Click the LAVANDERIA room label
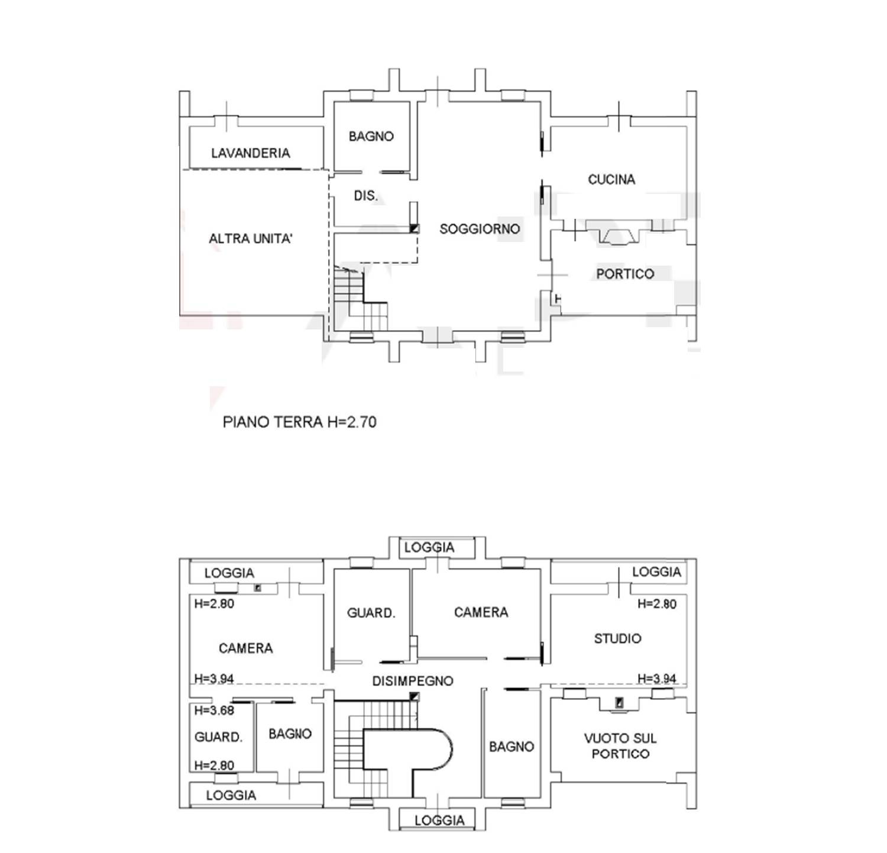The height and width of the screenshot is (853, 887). pyautogui.click(x=251, y=153)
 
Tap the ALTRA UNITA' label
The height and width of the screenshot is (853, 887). pyautogui.click(x=251, y=239)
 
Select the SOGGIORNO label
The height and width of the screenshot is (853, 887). pyautogui.click(x=480, y=229)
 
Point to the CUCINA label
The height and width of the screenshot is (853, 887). pyautogui.click(x=611, y=179)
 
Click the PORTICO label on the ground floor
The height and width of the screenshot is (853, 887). pyautogui.click(x=625, y=274)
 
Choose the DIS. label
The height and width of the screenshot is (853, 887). pyautogui.click(x=365, y=196)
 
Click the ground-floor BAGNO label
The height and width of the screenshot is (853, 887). pyautogui.click(x=371, y=137)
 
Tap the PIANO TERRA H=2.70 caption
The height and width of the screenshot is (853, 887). pyautogui.click(x=299, y=422)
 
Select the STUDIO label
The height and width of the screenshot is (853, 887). pyautogui.click(x=617, y=639)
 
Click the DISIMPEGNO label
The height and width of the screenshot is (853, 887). pyautogui.click(x=413, y=681)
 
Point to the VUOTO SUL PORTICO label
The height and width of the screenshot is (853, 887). pyautogui.click(x=620, y=746)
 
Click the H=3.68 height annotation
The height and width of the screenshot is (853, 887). pyautogui.click(x=214, y=710)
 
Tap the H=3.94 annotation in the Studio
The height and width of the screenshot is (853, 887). pyautogui.click(x=657, y=678)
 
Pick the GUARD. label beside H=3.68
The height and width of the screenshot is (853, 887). pyautogui.click(x=218, y=738)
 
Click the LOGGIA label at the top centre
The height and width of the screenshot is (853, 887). pyautogui.click(x=429, y=548)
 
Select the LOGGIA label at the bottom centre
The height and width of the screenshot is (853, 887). pyautogui.click(x=439, y=820)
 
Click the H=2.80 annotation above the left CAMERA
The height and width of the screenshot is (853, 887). pyautogui.click(x=214, y=604)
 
